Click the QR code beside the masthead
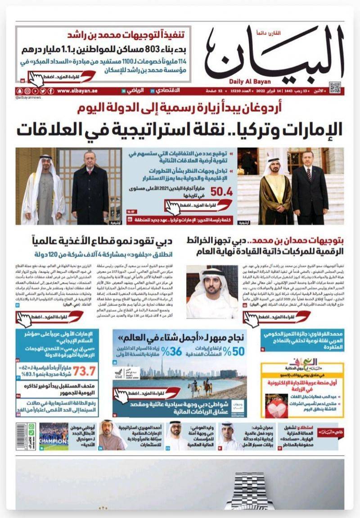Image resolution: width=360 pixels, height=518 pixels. coord(334,87)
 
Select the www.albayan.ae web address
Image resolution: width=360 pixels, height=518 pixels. coord(77,91)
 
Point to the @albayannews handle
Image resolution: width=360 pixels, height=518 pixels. coord(28,97)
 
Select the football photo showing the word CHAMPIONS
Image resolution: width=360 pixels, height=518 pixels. coord(54,436)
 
